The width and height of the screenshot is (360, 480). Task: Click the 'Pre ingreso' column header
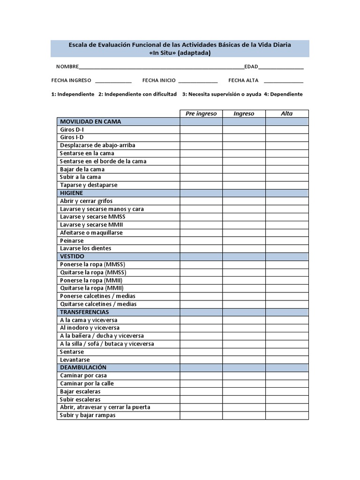point(201,113)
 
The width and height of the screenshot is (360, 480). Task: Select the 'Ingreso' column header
point(244,113)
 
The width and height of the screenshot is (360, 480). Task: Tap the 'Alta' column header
point(287,113)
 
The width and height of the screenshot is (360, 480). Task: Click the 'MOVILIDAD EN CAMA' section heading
point(90,121)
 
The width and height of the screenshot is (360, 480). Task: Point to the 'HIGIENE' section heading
point(71,193)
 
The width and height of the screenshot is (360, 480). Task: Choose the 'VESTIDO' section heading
point(72,256)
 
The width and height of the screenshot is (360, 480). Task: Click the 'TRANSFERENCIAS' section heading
point(84,312)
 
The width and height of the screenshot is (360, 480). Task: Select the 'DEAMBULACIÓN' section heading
point(83,367)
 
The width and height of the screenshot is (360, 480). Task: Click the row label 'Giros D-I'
point(72,129)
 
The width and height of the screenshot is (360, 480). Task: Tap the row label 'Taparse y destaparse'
point(89,185)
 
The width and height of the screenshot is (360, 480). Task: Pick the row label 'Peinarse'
point(72,240)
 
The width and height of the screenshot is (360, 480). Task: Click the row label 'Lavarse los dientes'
point(86,248)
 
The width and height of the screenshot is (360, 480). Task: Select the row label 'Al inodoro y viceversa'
point(90,328)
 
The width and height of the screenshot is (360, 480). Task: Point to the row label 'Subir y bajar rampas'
point(88,415)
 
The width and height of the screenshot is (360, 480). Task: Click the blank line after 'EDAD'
point(281,67)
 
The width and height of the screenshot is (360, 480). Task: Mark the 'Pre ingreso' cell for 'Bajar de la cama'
point(201,169)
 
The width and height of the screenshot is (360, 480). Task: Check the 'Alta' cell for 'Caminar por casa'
point(287,375)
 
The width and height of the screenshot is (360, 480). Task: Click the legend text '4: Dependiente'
point(283,94)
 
